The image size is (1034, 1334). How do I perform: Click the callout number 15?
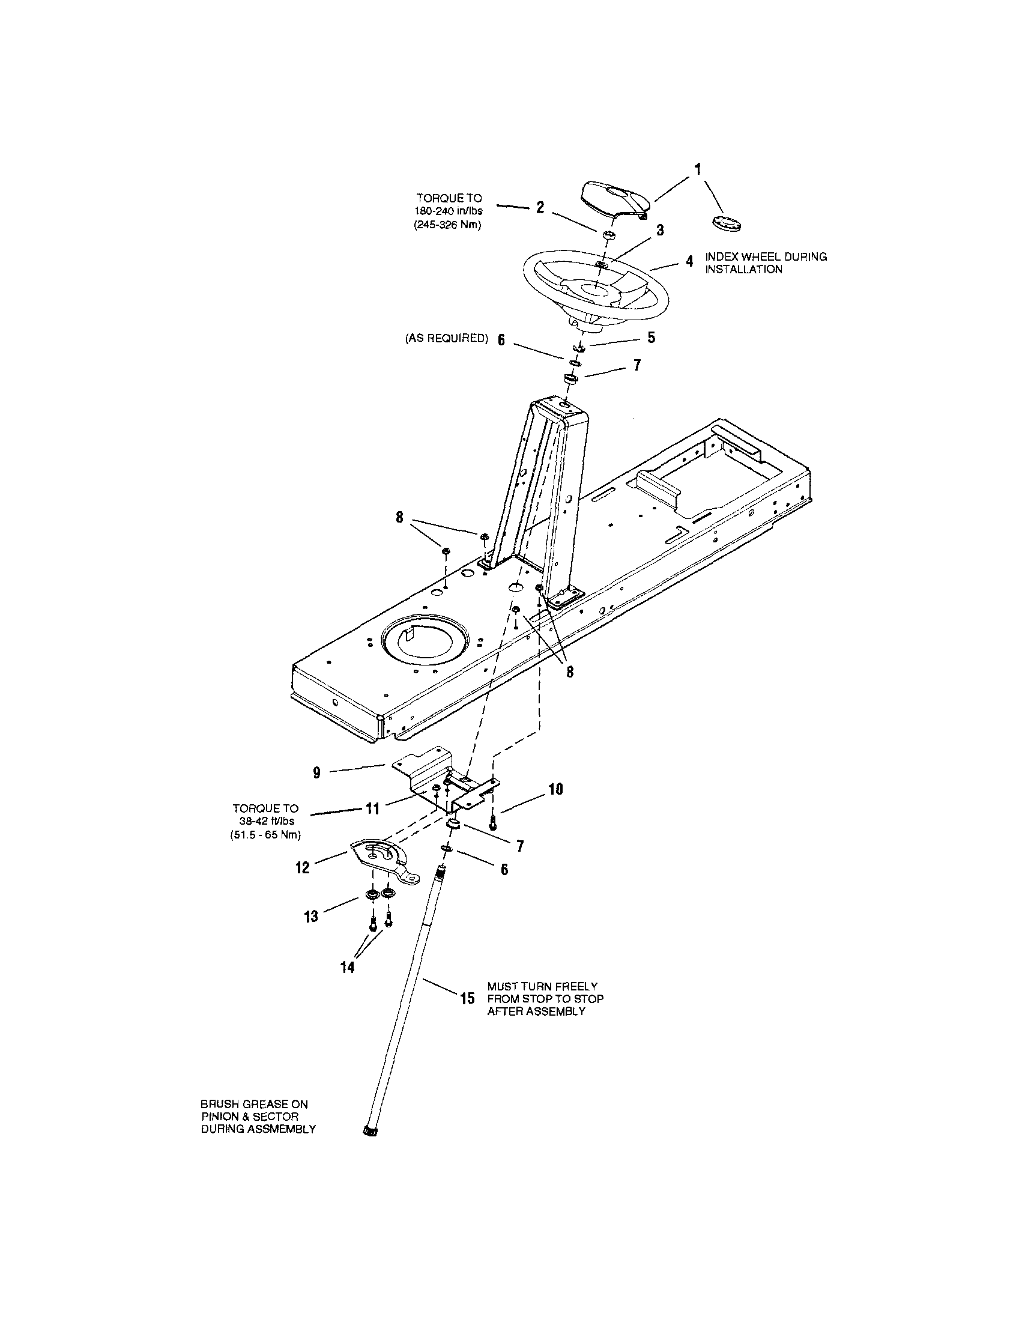[467, 999]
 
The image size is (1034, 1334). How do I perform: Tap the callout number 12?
[303, 867]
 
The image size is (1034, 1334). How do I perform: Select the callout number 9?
[316, 772]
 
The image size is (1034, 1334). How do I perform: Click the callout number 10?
[555, 789]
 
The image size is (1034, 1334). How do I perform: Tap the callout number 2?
[540, 208]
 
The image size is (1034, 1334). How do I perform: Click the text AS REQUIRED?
[447, 338]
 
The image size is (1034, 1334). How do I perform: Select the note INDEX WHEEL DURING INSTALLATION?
[766, 263]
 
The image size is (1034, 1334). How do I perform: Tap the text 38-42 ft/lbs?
[266, 822]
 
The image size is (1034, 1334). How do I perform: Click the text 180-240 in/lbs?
[449, 211]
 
